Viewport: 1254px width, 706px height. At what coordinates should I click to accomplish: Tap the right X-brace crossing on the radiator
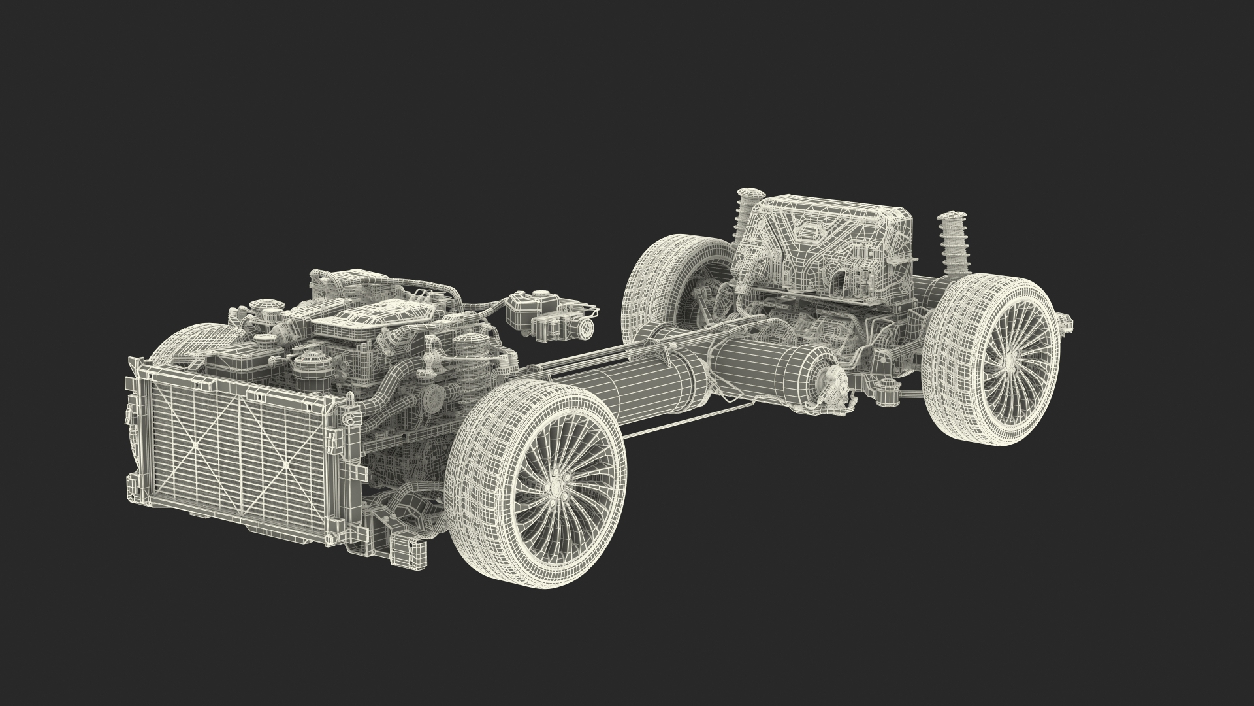pyautogui.click(x=285, y=465)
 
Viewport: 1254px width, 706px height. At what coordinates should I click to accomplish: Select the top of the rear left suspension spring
pyautogui.click(x=750, y=195)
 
